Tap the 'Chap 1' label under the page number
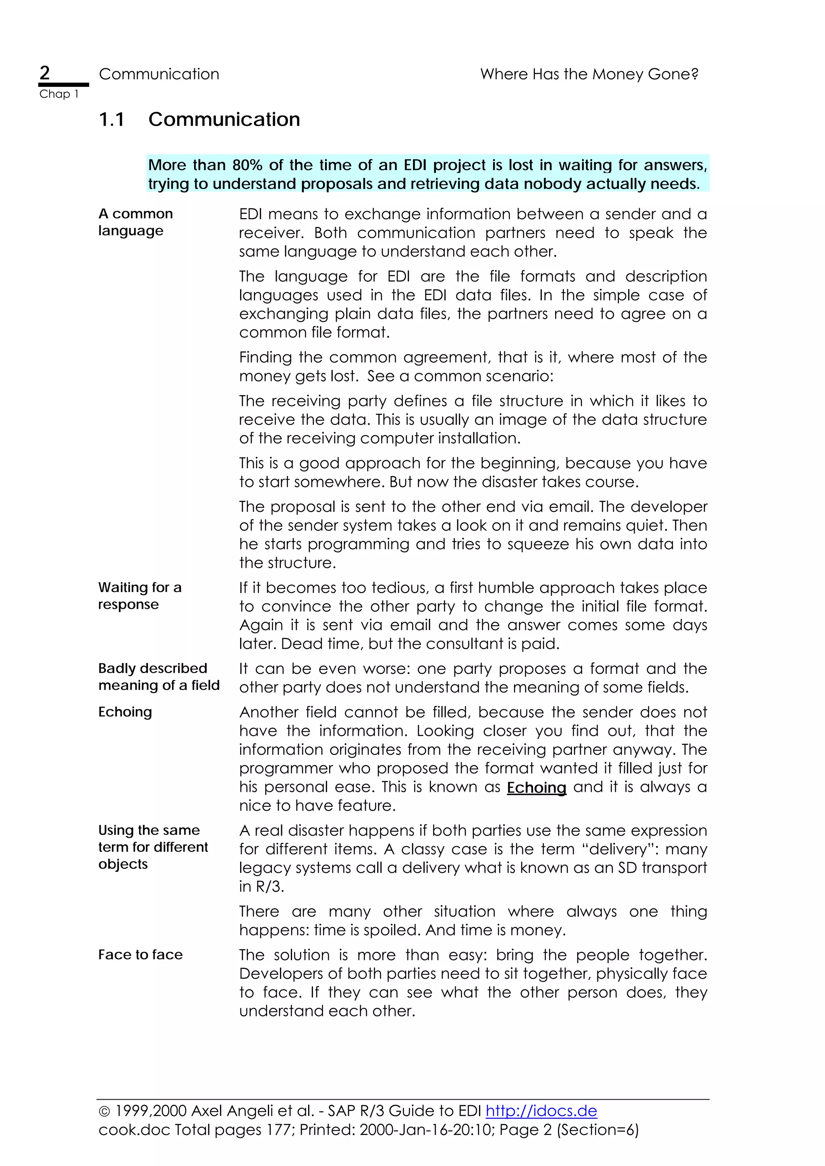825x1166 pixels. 58,94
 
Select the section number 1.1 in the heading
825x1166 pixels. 111,120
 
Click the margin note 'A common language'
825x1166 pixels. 135,222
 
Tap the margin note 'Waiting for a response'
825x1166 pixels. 139,596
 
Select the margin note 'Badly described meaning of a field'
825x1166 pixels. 159,676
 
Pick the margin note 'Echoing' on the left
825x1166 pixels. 125,712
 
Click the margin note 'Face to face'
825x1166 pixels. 140,955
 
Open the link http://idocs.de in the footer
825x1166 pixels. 541,1110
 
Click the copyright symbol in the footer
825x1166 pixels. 104,1111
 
